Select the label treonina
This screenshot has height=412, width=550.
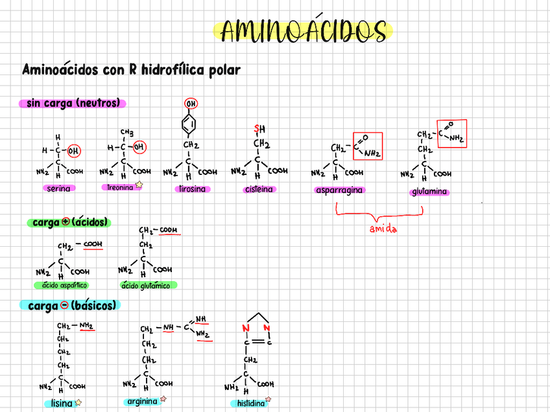121,187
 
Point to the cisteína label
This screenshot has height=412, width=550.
259,189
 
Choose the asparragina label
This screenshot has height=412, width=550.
339,190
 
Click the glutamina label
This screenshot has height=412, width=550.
429,192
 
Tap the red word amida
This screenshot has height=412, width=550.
383,229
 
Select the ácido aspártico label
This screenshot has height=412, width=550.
62,285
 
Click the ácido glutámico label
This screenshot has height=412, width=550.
149,285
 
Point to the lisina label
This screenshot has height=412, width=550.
62,403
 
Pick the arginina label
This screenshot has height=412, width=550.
142,401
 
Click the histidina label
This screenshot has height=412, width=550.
247,403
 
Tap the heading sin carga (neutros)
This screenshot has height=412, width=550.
73,103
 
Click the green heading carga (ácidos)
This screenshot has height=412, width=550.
69,222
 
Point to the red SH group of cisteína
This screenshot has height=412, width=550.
260,128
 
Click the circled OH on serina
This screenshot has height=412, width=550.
75,150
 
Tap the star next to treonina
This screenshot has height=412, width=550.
139,185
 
